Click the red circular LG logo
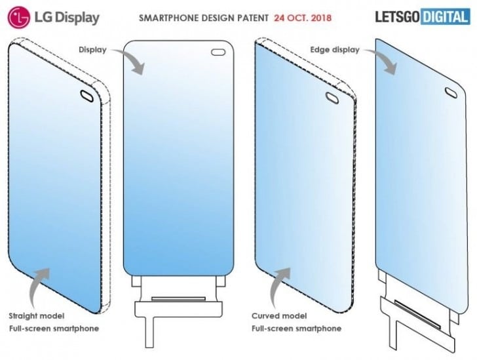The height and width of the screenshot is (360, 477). coord(19,17)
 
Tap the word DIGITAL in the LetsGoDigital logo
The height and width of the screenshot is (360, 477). coord(445,17)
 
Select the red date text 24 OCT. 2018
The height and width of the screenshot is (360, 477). coord(303,18)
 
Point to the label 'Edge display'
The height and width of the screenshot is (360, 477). coord(335,50)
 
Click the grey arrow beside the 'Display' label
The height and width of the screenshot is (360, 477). coord(128,61)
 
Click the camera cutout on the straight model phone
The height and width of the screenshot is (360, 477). coord(87,96)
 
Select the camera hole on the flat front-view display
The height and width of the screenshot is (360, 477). coord(218,52)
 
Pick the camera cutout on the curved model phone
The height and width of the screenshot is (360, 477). coord(332,98)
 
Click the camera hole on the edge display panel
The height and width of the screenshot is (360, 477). coord(451,92)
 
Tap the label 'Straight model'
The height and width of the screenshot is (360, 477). coord(37,316)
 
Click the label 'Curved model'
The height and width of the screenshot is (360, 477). coord(279,316)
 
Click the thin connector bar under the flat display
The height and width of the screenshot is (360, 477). coord(178,299)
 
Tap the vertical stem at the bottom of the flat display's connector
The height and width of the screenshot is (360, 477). coord(149,332)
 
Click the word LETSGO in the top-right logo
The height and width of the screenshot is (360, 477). coord(398,17)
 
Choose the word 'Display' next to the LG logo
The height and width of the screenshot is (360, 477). coord(77,18)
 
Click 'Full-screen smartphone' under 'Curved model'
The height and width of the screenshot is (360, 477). coord(296,329)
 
